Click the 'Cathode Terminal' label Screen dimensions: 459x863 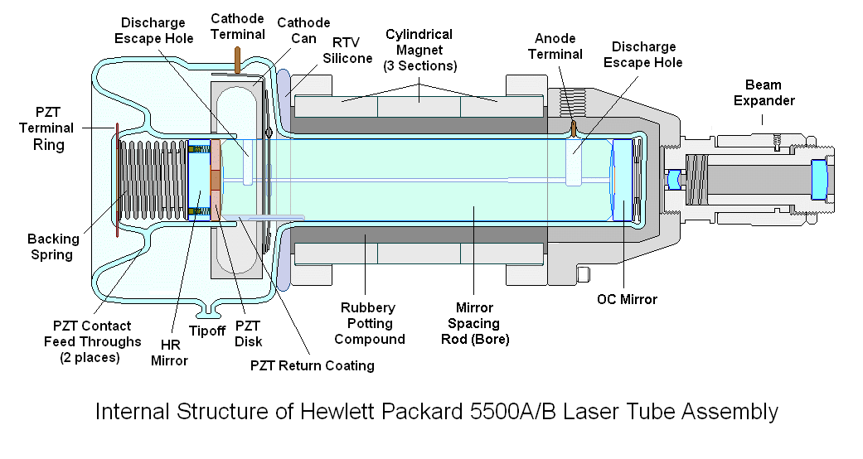[x=237, y=26]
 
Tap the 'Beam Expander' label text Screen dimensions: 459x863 [x=769, y=92]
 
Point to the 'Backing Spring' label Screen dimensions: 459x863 [x=54, y=247]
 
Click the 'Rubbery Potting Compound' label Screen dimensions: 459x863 [x=375, y=323]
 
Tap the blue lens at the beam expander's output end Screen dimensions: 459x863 [x=820, y=177]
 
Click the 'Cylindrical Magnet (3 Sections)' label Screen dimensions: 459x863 [x=419, y=50]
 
